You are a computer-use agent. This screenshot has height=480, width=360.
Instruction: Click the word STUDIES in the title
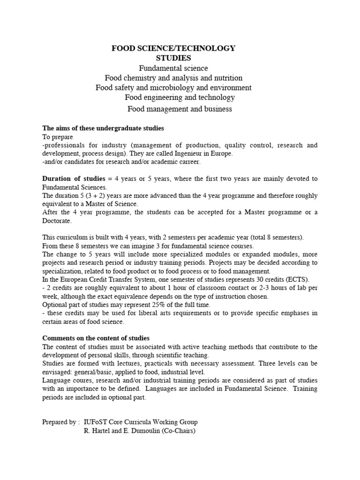point(173,58)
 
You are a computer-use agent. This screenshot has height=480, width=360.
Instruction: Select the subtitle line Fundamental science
point(173,68)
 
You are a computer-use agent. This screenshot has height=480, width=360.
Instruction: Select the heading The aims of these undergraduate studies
point(103,128)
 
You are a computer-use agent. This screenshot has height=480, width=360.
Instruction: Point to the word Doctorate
point(57,220)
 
